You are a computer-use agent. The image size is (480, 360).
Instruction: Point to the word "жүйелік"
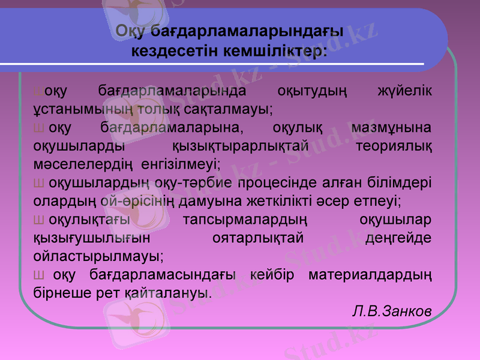[x=404, y=92]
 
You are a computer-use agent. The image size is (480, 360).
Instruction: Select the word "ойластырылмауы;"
[x=98, y=255]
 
